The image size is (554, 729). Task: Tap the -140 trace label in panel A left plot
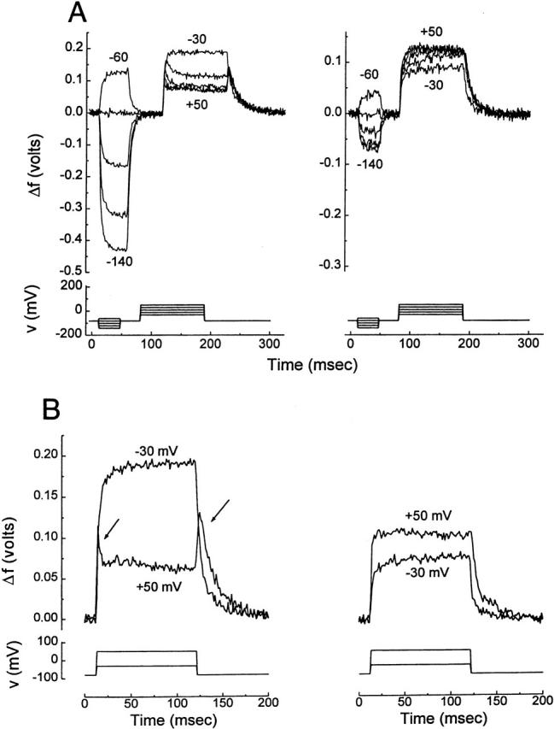pos(120,260)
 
